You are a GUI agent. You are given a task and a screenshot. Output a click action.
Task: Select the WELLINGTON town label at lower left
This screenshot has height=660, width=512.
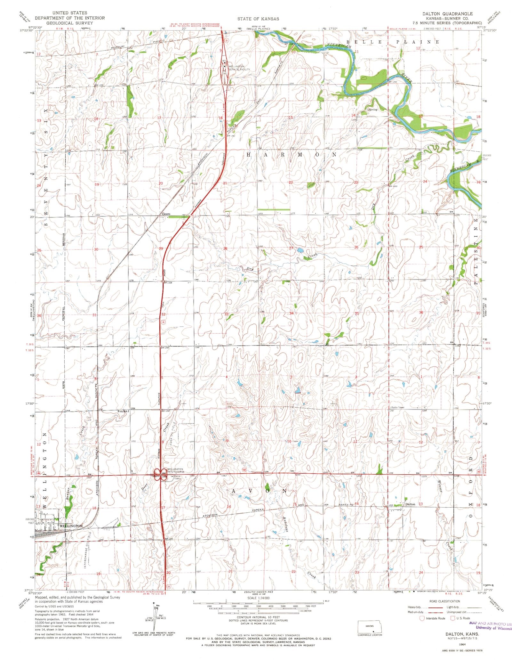pos(71,526)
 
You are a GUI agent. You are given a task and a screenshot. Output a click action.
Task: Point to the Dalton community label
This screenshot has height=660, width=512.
pos(410,504)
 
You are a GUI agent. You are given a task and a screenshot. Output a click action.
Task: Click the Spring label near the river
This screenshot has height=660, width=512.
pos(372,110)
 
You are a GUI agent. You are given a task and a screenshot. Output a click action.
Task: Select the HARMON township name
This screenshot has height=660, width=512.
pos(291,155)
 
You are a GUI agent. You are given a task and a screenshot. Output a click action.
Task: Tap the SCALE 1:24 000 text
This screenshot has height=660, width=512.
pos(258,598)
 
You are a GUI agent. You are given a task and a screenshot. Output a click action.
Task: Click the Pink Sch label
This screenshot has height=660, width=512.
pos(123,411)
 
